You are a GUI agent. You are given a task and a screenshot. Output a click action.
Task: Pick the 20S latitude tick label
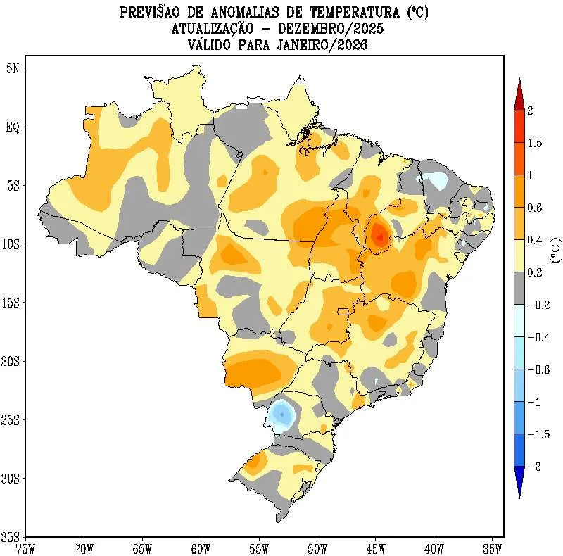click(x=12, y=361)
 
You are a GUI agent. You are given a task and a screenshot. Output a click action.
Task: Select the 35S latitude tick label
click(x=12, y=537)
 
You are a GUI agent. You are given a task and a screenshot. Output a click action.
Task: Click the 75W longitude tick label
click(x=25, y=547)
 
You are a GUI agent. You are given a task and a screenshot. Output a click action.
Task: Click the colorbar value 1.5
click(x=535, y=143)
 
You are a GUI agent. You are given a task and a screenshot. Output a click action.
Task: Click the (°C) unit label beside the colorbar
click(x=556, y=250)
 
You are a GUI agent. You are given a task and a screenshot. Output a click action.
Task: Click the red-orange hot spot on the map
click(x=379, y=234)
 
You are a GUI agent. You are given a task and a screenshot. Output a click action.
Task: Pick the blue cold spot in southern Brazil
click(x=282, y=413)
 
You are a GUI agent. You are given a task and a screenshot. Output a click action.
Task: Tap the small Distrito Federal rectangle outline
click(x=343, y=311)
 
